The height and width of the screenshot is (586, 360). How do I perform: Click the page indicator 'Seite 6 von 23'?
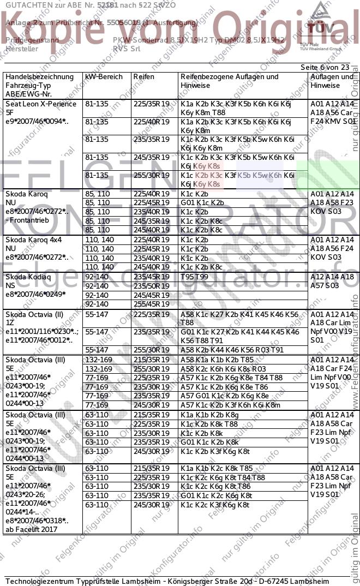tap(325, 67)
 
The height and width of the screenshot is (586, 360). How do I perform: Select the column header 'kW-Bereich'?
tap(104, 77)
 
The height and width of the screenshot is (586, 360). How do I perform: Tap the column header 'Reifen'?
tap(144, 77)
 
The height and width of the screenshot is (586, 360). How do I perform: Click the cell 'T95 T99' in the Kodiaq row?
tap(194, 277)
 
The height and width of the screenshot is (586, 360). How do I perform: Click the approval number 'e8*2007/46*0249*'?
tap(35, 294)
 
